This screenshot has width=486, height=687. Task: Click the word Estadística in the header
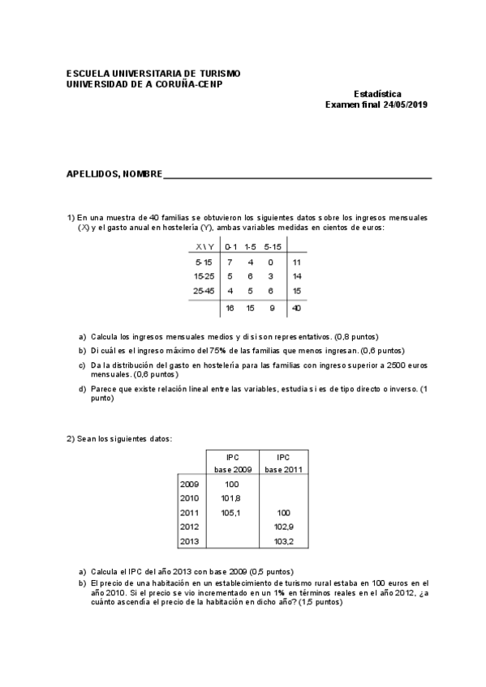click(377, 94)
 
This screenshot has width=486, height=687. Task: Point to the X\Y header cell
click(204, 246)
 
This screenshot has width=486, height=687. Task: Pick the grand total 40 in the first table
click(297, 308)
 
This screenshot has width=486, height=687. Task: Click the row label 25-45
click(204, 290)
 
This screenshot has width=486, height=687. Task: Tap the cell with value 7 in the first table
click(230, 262)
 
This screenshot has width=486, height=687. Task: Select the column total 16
click(230, 308)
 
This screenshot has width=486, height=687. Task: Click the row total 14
click(297, 276)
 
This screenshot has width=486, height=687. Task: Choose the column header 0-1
click(230, 246)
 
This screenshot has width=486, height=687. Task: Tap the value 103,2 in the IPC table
click(283, 541)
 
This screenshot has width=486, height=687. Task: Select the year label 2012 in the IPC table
click(189, 527)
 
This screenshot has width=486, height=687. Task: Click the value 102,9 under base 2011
click(283, 527)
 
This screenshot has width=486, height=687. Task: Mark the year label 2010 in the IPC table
click(189, 498)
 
